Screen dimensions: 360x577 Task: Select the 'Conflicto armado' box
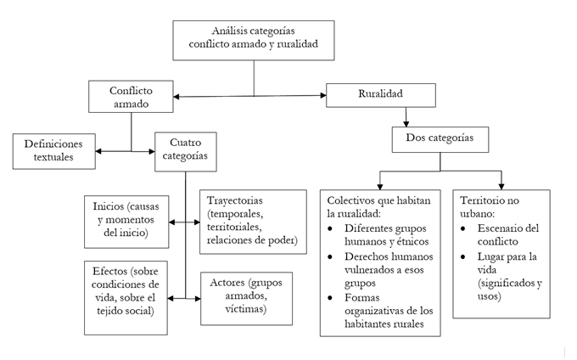(x=132, y=95)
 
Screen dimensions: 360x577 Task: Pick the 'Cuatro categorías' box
(x=185, y=150)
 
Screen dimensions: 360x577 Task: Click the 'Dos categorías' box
(x=439, y=138)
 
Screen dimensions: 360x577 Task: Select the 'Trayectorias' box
(x=252, y=219)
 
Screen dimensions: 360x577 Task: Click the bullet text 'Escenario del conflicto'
(x=509, y=235)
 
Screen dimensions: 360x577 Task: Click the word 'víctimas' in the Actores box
(x=242, y=309)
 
